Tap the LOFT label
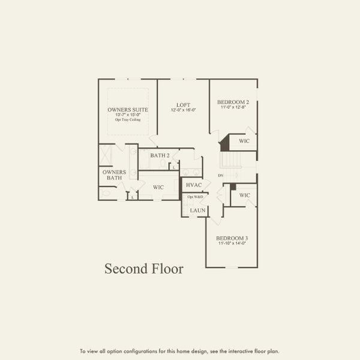click(183, 105)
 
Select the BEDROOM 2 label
click(233, 103)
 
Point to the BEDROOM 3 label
click(232, 238)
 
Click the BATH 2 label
click(160, 155)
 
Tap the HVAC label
click(194, 185)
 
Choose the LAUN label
click(198, 211)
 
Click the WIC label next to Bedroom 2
click(244, 141)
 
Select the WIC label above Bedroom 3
click(244, 196)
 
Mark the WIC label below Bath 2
click(158, 187)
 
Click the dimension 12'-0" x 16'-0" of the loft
click(183, 110)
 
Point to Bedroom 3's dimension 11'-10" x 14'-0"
click(232, 244)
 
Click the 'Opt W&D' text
click(195, 197)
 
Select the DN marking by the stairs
click(221, 175)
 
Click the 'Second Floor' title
click(144, 268)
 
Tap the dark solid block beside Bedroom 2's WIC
click(225, 143)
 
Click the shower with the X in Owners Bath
click(106, 154)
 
